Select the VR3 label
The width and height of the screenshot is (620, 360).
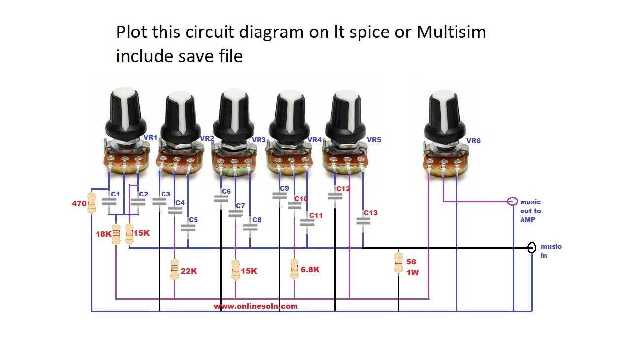click(x=259, y=140)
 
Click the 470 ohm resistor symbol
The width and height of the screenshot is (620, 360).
click(x=91, y=203)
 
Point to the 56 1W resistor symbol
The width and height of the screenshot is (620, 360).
click(x=399, y=262)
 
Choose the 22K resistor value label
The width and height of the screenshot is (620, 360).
click(x=189, y=271)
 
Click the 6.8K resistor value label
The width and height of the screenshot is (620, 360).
click(x=310, y=269)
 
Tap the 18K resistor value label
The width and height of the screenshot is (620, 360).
click(x=103, y=234)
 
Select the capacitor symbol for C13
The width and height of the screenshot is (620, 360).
click(x=363, y=222)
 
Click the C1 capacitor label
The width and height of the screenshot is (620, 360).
click(x=115, y=194)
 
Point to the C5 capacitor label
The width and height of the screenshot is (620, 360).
click(x=193, y=220)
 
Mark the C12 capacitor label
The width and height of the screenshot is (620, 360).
click(x=343, y=189)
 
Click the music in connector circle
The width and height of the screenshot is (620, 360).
click(x=532, y=247)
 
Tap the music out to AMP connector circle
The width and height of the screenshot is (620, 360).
click(x=513, y=201)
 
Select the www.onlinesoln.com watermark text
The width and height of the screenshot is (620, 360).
click(x=256, y=306)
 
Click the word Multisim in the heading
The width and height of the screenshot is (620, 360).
click(x=451, y=32)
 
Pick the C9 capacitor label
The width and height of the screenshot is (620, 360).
click(x=284, y=188)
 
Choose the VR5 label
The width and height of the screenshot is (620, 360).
click(x=374, y=140)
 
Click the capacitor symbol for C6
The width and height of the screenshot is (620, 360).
click(x=221, y=198)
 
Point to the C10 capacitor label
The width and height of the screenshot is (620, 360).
click(x=300, y=199)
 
